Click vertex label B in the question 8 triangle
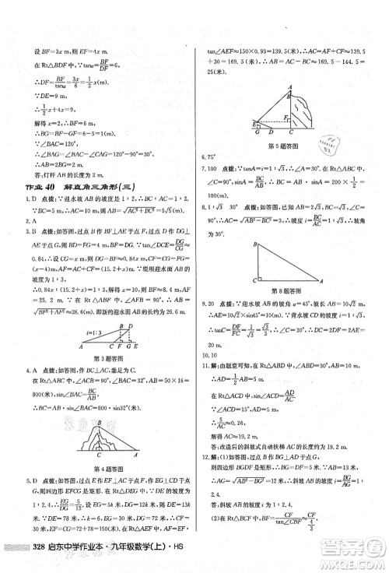[253, 244]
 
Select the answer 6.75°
[210, 157]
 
